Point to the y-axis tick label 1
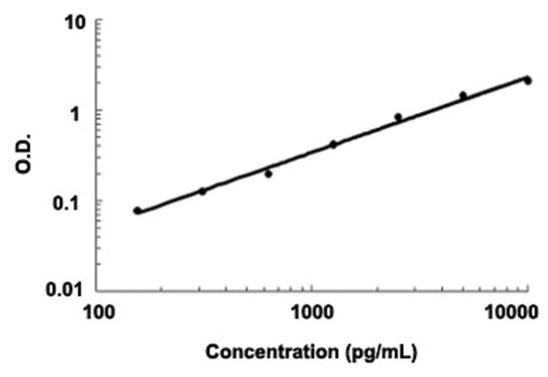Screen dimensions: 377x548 [81, 111]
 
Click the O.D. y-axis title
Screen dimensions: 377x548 [23, 156]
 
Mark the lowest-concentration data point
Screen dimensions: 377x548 [137, 211]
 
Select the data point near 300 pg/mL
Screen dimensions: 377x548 [202, 191]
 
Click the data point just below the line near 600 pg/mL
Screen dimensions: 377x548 [268, 174]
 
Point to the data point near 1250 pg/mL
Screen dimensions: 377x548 [333, 144]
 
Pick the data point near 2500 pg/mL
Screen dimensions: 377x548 [398, 117]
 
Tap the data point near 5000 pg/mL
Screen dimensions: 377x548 [463, 95]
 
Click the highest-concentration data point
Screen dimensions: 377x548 [527, 80]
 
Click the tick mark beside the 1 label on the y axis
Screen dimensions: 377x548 [98, 111]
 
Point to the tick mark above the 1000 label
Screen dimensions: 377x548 [313, 288]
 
